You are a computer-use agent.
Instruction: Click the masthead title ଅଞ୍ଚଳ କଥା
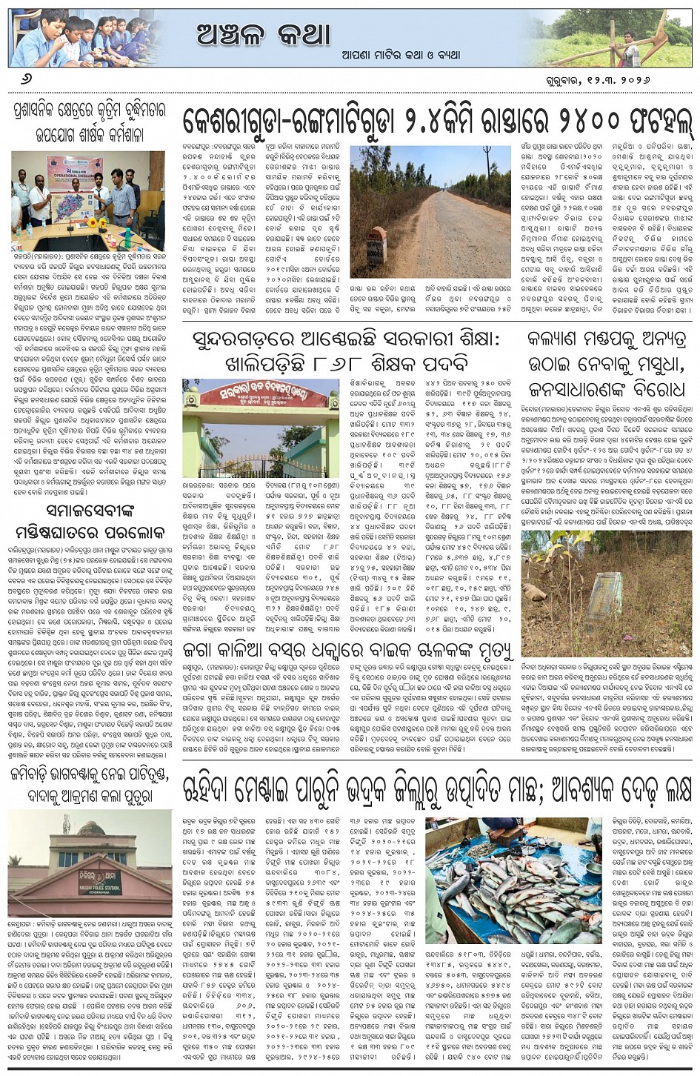(263, 33)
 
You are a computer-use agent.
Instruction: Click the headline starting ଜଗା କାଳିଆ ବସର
(348, 651)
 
